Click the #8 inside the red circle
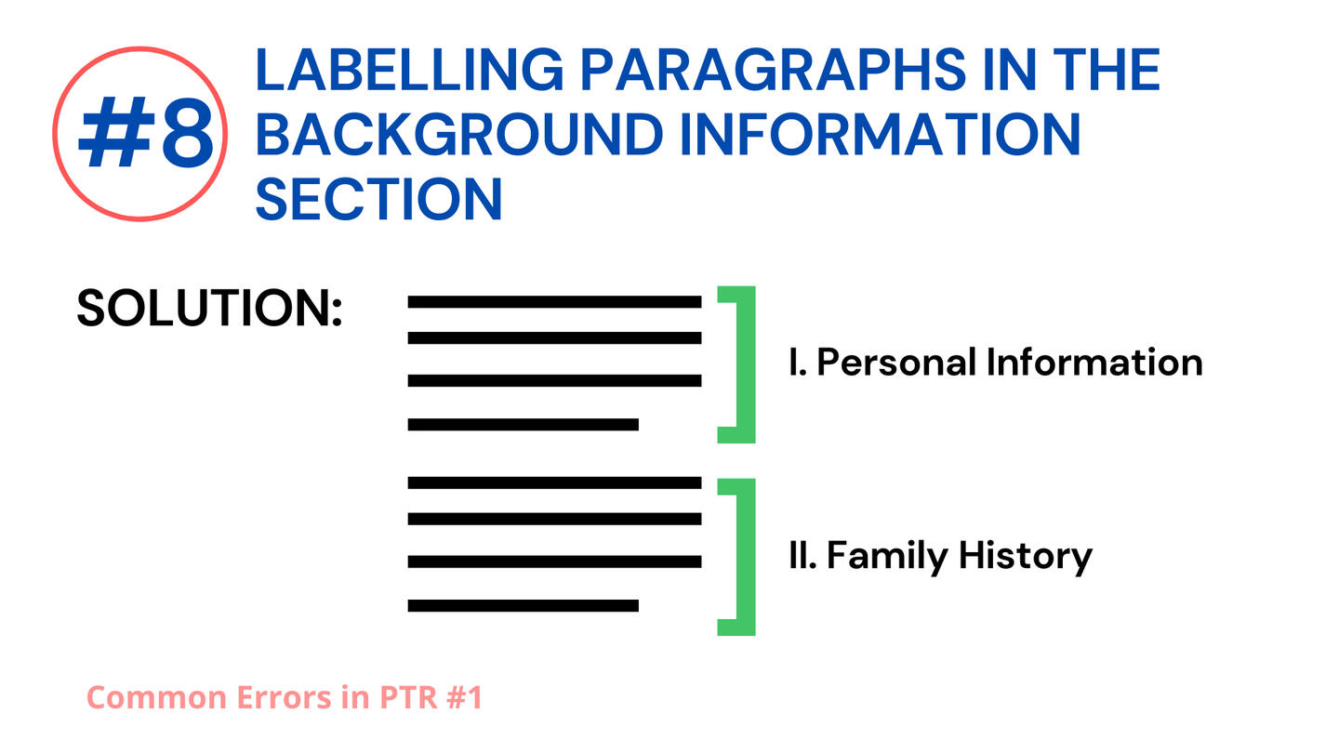[146, 133]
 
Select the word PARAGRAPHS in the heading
[773, 70]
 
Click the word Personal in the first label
[896, 363]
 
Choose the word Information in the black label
[1094, 363]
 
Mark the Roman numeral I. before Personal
[798, 363]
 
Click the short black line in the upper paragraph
[523, 424]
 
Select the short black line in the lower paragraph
[523, 605]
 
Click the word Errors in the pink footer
[284, 697]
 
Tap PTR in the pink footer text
[408, 697]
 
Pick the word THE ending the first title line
[1107, 70]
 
